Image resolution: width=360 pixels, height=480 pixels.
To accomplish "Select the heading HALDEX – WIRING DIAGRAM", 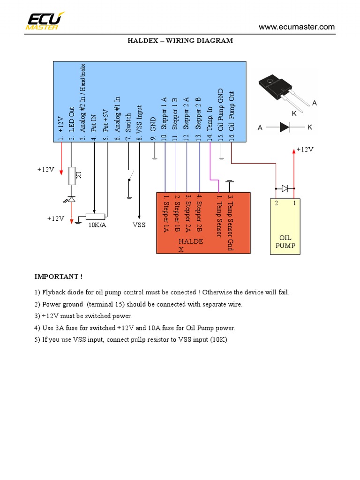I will click(180, 41).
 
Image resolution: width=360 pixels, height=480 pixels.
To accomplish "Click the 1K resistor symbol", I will click(72, 175).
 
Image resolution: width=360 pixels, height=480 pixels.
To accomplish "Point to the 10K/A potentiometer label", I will click(97, 225).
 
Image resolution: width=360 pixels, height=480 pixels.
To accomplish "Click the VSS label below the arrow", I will click(139, 225).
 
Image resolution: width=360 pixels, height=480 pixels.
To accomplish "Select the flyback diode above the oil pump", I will click(285, 188).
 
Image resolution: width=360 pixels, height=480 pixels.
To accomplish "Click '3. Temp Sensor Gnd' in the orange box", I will click(230, 223).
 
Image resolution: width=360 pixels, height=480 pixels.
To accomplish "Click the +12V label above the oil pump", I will click(304, 150).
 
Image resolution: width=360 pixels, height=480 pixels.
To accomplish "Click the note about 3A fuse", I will click(135, 328).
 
